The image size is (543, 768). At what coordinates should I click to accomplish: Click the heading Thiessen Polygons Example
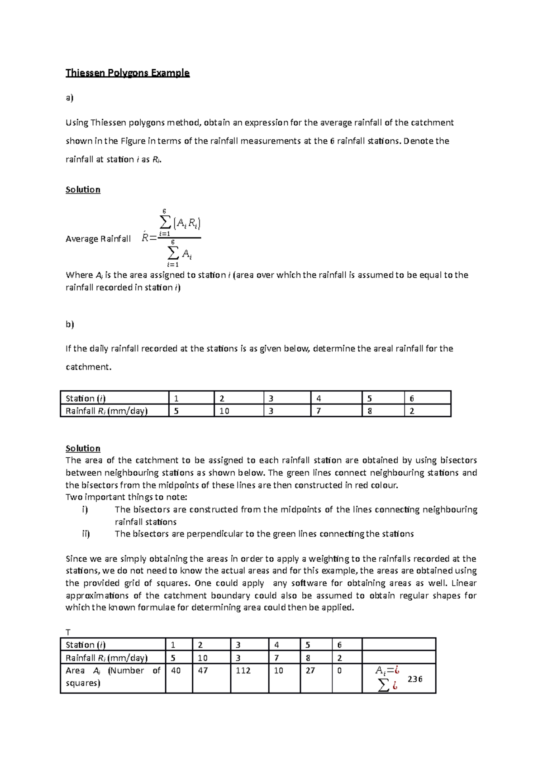(x=127, y=73)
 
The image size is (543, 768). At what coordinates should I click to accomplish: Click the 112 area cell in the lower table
(x=243, y=670)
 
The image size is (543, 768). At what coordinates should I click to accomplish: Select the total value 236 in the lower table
(x=414, y=679)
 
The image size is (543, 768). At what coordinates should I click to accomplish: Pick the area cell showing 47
(x=203, y=670)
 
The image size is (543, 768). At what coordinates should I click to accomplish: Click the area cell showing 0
(x=340, y=670)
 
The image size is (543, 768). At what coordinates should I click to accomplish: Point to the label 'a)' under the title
(x=69, y=98)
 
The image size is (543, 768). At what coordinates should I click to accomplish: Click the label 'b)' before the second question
(x=69, y=324)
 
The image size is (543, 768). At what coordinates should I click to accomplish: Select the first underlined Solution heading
(x=83, y=190)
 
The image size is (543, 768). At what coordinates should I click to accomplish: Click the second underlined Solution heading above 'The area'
(x=83, y=448)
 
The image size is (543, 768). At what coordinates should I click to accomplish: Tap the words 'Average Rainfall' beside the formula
(x=98, y=239)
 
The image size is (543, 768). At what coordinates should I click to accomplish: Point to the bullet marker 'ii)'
(x=86, y=534)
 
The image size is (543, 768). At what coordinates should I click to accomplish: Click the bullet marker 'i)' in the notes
(x=85, y=509)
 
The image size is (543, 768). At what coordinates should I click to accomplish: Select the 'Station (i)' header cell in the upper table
(x=86, y=398)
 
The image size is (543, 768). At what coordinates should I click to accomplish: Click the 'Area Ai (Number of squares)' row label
(x=113, y=677)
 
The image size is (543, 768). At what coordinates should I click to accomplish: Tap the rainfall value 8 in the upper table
(x=370, y=411)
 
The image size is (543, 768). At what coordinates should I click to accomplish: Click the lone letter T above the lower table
(x=68, y=632)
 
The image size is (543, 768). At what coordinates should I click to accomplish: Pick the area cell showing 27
(x=310, y=670)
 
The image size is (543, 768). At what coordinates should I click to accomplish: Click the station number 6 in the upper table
(x=412, y=398)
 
